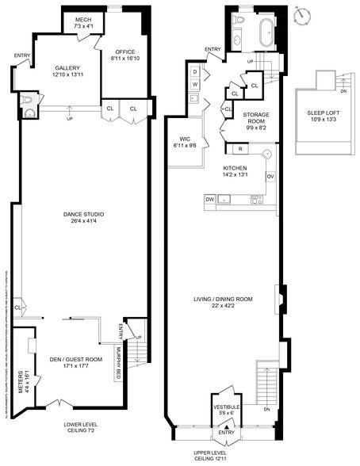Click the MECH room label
click(83, 23)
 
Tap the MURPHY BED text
click(117, 364)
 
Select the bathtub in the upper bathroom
click(265, 34)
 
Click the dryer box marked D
click(195, 71)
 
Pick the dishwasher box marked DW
click(210, 201)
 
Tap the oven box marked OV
click(270, 176)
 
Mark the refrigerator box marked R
click(239, 148)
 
